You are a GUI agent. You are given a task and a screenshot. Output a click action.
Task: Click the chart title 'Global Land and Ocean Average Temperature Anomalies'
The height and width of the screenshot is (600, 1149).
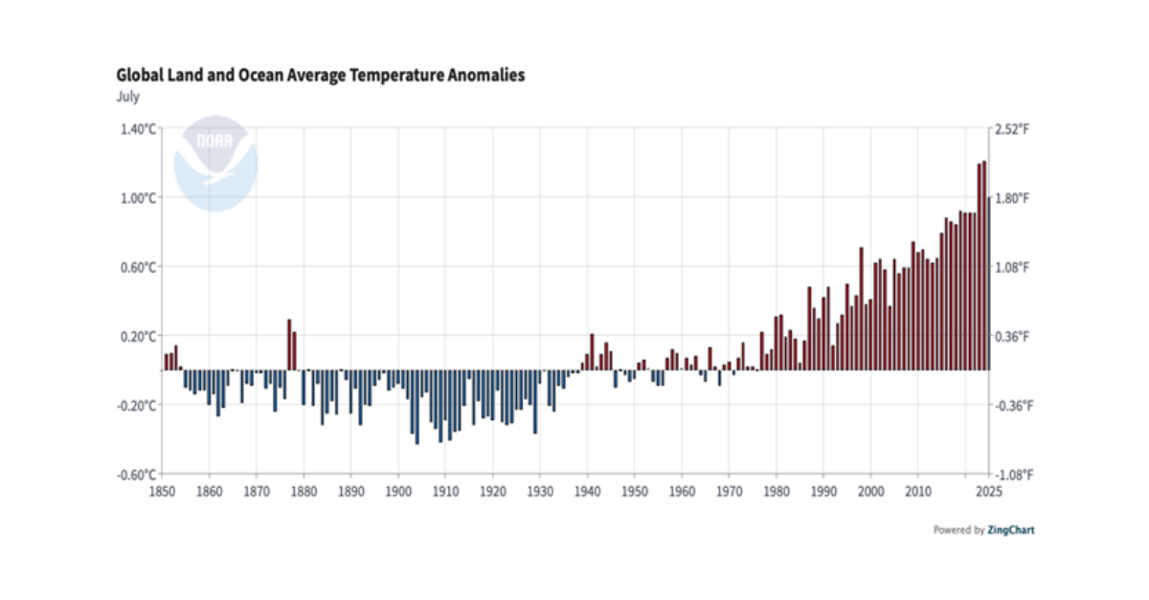[321, 76]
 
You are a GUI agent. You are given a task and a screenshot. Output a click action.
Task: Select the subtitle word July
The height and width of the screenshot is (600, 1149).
[128, 97]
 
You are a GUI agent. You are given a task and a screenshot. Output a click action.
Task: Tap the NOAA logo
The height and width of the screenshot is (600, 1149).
[215, 163]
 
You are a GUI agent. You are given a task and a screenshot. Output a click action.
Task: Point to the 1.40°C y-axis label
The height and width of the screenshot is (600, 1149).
[138, 129]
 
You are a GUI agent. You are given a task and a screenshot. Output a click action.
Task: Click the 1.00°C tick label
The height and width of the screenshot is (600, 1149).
[138, 198]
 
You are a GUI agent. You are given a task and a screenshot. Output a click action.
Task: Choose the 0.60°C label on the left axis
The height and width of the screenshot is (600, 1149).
[138, 267]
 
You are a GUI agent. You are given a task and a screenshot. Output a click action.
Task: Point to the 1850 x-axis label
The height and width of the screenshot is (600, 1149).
[163, 492]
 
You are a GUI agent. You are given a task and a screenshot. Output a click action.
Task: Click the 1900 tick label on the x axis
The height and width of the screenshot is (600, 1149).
[397, 492]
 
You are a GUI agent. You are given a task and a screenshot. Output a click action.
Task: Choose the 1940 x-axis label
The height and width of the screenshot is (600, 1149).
[586, 492]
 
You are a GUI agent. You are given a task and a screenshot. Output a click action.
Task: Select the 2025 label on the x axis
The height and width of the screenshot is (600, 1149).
[988, 492]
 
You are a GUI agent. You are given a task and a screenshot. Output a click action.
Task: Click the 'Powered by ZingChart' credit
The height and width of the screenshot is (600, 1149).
[983, 530]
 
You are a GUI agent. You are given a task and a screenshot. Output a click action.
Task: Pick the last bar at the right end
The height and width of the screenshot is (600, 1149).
[988, 282]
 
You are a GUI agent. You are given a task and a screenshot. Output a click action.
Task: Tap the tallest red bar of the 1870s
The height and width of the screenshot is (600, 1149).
[289, 344]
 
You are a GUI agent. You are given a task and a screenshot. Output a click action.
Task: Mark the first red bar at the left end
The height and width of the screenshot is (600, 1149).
[167, 362]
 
